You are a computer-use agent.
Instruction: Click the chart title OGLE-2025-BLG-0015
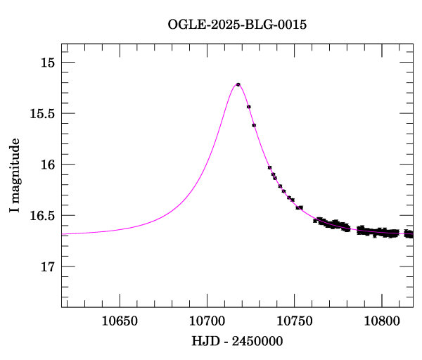coord(237,25)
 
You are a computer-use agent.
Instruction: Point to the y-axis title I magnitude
coord(15,176)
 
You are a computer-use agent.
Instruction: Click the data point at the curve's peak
coord(238,84)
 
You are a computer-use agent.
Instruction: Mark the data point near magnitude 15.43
coord(248,107)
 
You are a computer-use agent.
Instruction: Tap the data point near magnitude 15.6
coord(254,125)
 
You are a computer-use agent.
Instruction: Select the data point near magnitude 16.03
coord(269,167)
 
